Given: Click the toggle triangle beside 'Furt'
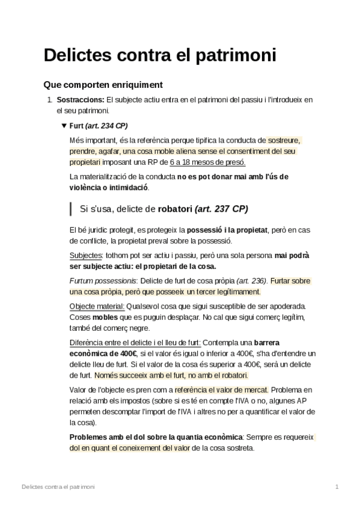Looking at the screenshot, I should pos(64,126).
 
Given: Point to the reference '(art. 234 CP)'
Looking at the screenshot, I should pos(106,126).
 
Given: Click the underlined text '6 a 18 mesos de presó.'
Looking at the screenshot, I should pos(208,162).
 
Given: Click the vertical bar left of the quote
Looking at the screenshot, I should pos(71,209).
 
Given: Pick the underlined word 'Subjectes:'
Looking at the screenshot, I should pos(86,255).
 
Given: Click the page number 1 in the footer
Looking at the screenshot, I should pos(337,485).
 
